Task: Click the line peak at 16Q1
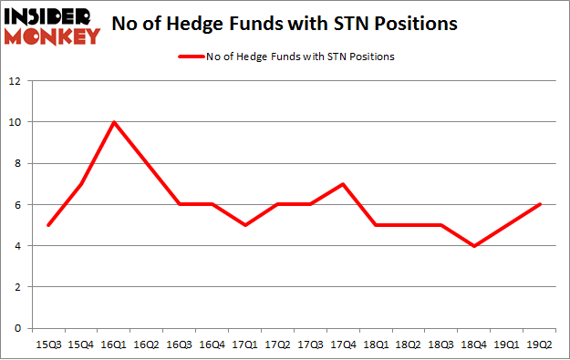point(113,122)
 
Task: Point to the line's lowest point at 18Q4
point(474,246)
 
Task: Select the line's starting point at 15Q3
point(47,225)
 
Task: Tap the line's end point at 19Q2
point(539,204)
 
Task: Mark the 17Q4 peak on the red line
point(343,184)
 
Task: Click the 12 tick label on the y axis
point(15,81)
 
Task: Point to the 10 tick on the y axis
point(15,122)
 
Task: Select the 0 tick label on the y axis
point(17,328)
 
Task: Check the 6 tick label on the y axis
point(17,205)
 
